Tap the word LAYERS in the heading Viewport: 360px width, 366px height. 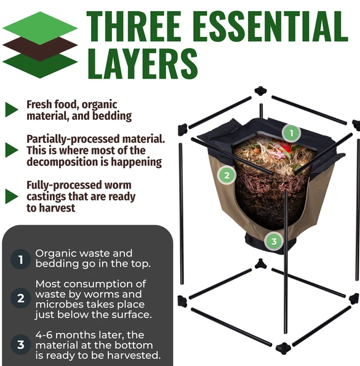(143, 63)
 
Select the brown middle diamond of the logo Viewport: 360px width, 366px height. (40, 49)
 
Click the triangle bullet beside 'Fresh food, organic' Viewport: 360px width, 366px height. (12, 109)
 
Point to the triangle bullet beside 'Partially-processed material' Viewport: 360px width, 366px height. (12, 150)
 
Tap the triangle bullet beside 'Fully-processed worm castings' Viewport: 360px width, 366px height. (12, 196)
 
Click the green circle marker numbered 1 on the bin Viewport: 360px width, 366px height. (291, 133)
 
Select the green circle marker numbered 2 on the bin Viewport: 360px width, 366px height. (226, 175)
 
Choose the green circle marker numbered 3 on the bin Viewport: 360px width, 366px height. (274, 241)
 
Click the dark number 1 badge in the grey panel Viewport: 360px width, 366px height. (20, 260)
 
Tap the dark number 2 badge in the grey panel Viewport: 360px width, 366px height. (20, 298)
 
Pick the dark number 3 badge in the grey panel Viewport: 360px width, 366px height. (20, 344)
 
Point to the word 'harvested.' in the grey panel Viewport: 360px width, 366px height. (134, 356)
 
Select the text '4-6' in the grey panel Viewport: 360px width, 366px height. (44, 335)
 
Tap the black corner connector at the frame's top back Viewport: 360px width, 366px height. (260, 90)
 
